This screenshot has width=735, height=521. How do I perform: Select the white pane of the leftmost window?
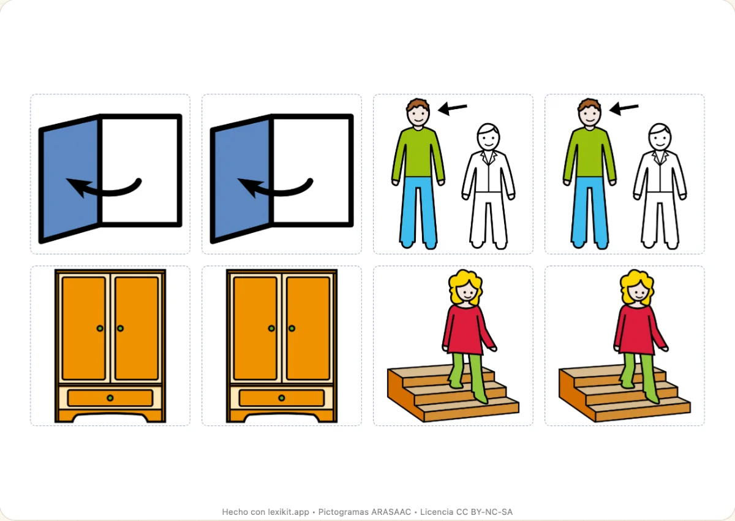click(140, 170)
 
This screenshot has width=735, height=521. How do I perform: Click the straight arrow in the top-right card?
click(624, 108)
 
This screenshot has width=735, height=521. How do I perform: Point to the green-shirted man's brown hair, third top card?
click(418, 105)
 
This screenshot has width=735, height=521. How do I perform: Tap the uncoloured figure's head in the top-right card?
click(660, 137)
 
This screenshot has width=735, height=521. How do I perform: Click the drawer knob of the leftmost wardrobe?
click(110, 398)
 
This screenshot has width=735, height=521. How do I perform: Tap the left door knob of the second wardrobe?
click(271, 329)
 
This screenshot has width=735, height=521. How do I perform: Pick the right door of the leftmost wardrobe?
click(137, 329)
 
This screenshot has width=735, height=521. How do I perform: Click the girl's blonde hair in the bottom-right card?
click(637, 285)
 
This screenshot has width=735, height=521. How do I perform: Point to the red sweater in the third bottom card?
click(468, 330)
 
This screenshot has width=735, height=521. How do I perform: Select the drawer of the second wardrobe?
click(282, 398)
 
